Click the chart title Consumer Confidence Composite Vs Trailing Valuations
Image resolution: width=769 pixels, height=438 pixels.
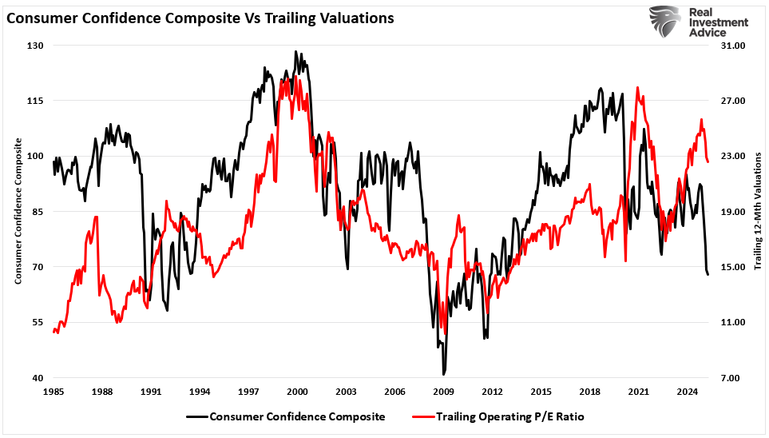(x=200, y=18)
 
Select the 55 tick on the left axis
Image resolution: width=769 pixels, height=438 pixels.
(x=36, y=322)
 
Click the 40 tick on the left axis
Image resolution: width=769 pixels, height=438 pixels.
(x=36, y=378)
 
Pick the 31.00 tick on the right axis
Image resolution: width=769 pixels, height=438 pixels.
(x=733, y=46)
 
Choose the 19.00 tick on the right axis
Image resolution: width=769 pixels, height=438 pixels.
(x=733, y=212)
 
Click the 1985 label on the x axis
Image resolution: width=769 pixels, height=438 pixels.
(x=53, y=392)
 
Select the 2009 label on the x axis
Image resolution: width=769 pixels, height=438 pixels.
(x=443, y=392)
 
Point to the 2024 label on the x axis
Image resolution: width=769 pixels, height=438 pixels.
(x=687, y=392)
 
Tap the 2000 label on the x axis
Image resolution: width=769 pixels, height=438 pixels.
(x=297, y=392)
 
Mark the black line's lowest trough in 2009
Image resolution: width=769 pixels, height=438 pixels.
(x=443, y=374)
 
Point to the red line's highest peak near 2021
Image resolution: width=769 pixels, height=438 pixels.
(x=637, y=88)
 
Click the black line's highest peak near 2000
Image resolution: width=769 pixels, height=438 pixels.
(x=295, y=52)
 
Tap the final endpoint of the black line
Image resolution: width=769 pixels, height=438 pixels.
(x=708, y=274)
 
